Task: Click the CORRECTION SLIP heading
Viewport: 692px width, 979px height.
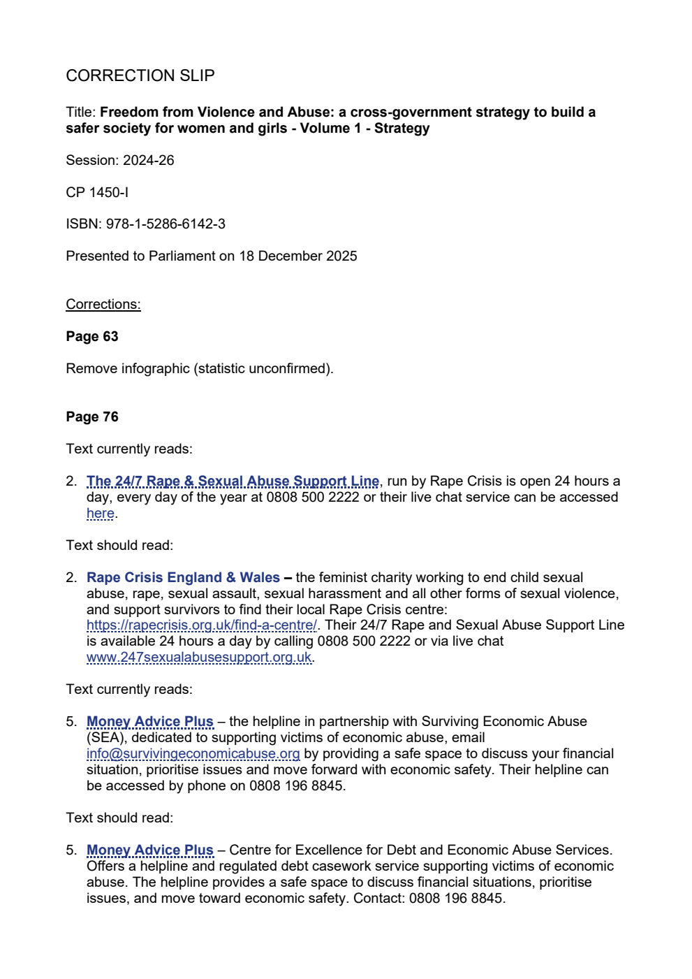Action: [x=140, y=75]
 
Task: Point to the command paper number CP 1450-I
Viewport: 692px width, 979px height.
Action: [x=97, y=192]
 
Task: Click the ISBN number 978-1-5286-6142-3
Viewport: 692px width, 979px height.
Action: [x=165, y=224]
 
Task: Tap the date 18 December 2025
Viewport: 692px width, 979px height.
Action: [x=297, y=256]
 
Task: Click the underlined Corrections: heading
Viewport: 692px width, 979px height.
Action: [x=103, y=304]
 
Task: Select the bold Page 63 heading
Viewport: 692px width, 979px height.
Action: [x=92, y=336]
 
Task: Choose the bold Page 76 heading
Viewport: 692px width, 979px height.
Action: [x=92, y=416]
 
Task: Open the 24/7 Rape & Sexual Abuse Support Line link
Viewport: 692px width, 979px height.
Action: [x=233, y=481]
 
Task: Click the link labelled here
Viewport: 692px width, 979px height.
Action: [x=100, y=514]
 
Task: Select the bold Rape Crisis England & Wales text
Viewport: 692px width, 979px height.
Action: [x=183, y=577]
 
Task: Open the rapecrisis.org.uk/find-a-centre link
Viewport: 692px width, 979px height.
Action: [x=201, y=625]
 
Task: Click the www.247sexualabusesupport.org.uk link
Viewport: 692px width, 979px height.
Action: [x=199, y=657]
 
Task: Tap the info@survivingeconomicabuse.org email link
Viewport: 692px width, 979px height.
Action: [x=193, y=753]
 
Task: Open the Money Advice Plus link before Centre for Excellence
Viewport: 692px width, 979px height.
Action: [x=149, y=850]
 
